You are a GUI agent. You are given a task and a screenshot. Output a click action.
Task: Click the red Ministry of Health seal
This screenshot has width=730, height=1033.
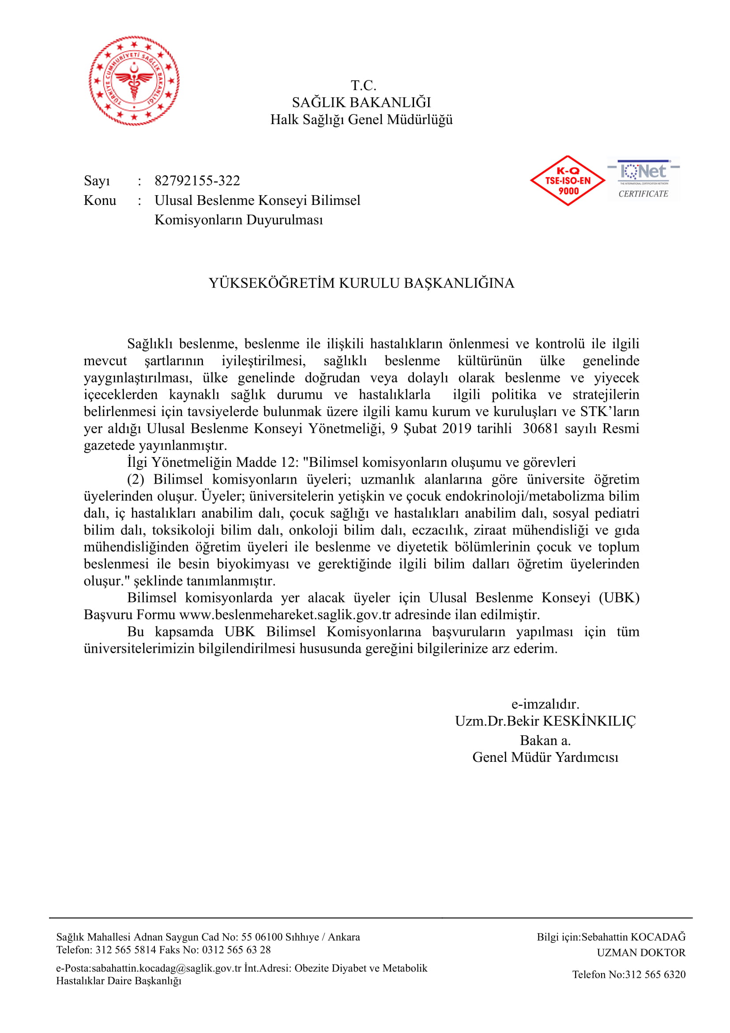tap(134, 80)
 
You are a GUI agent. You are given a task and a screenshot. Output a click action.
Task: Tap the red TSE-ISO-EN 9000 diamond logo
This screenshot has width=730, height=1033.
tap(568, 181)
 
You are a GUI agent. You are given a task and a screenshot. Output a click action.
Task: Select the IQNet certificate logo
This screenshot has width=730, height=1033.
tap(643, 179)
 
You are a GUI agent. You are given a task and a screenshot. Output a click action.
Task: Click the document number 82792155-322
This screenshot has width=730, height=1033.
tap(197, 181)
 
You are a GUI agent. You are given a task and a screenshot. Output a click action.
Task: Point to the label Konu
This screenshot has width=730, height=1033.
tap(100, 201)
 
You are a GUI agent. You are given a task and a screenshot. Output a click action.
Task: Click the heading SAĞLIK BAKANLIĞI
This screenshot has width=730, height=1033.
tap(361, 102)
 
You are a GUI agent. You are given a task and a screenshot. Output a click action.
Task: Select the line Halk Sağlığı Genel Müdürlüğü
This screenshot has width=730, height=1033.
tap(361, 120)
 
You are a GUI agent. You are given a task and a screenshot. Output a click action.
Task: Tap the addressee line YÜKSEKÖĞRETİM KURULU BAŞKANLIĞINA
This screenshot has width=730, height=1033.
tap(361, 283)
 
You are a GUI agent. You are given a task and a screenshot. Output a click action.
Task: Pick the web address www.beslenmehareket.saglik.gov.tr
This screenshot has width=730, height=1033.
tap(285, 615)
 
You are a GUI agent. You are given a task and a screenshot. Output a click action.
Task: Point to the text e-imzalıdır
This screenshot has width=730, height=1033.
tap(545, 704)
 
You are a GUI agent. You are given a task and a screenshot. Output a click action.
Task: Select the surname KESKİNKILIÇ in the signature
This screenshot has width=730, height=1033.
tap(589, 721)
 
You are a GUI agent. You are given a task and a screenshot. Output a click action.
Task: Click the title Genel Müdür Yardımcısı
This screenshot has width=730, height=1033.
tap(545, 757)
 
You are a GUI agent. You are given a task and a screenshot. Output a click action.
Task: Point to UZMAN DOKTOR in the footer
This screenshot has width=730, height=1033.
tap(641, 953)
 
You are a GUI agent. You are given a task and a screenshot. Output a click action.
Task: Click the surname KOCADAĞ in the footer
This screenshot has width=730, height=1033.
tap(658, 937)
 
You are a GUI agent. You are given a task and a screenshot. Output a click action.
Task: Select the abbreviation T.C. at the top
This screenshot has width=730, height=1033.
tap(363, 86)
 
